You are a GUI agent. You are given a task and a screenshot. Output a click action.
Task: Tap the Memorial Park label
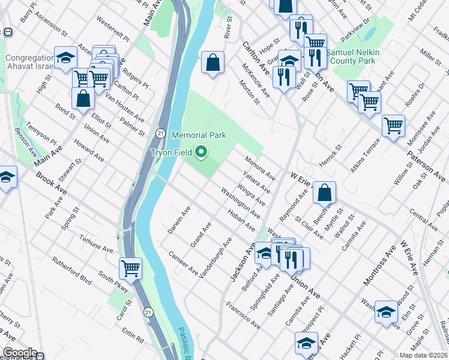click(x=199, y=136)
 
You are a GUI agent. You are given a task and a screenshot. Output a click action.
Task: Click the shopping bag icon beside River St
click(x=212, y=62)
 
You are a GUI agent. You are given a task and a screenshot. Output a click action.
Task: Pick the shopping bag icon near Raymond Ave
click(x=324, y=193)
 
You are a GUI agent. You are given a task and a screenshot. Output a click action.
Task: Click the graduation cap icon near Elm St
click(x=386, y=311)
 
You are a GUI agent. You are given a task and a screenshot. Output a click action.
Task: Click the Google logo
click(x=20, y=353)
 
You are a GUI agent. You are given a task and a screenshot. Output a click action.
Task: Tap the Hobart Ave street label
click(x=240, y=219)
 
